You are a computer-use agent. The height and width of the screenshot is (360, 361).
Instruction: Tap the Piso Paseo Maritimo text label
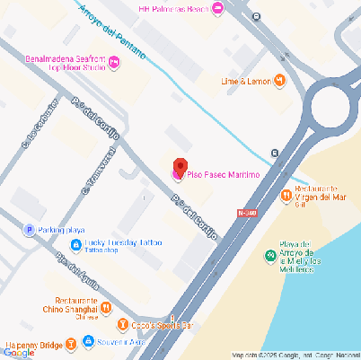pos(224,173)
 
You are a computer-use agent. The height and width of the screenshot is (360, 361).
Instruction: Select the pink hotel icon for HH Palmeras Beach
pos(217,8)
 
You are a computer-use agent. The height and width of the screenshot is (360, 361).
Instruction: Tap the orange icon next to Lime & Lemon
pos(280,81)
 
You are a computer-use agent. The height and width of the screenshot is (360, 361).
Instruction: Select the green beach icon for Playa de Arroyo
pos(269,256)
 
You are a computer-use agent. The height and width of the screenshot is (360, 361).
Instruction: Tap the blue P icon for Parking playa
pos(29,230)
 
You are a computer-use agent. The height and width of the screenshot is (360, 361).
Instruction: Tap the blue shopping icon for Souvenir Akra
pos(88,341)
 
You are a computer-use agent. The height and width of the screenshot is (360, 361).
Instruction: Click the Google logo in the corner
pos(19,352)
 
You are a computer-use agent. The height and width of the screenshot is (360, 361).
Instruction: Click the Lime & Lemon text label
pos(245,81)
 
